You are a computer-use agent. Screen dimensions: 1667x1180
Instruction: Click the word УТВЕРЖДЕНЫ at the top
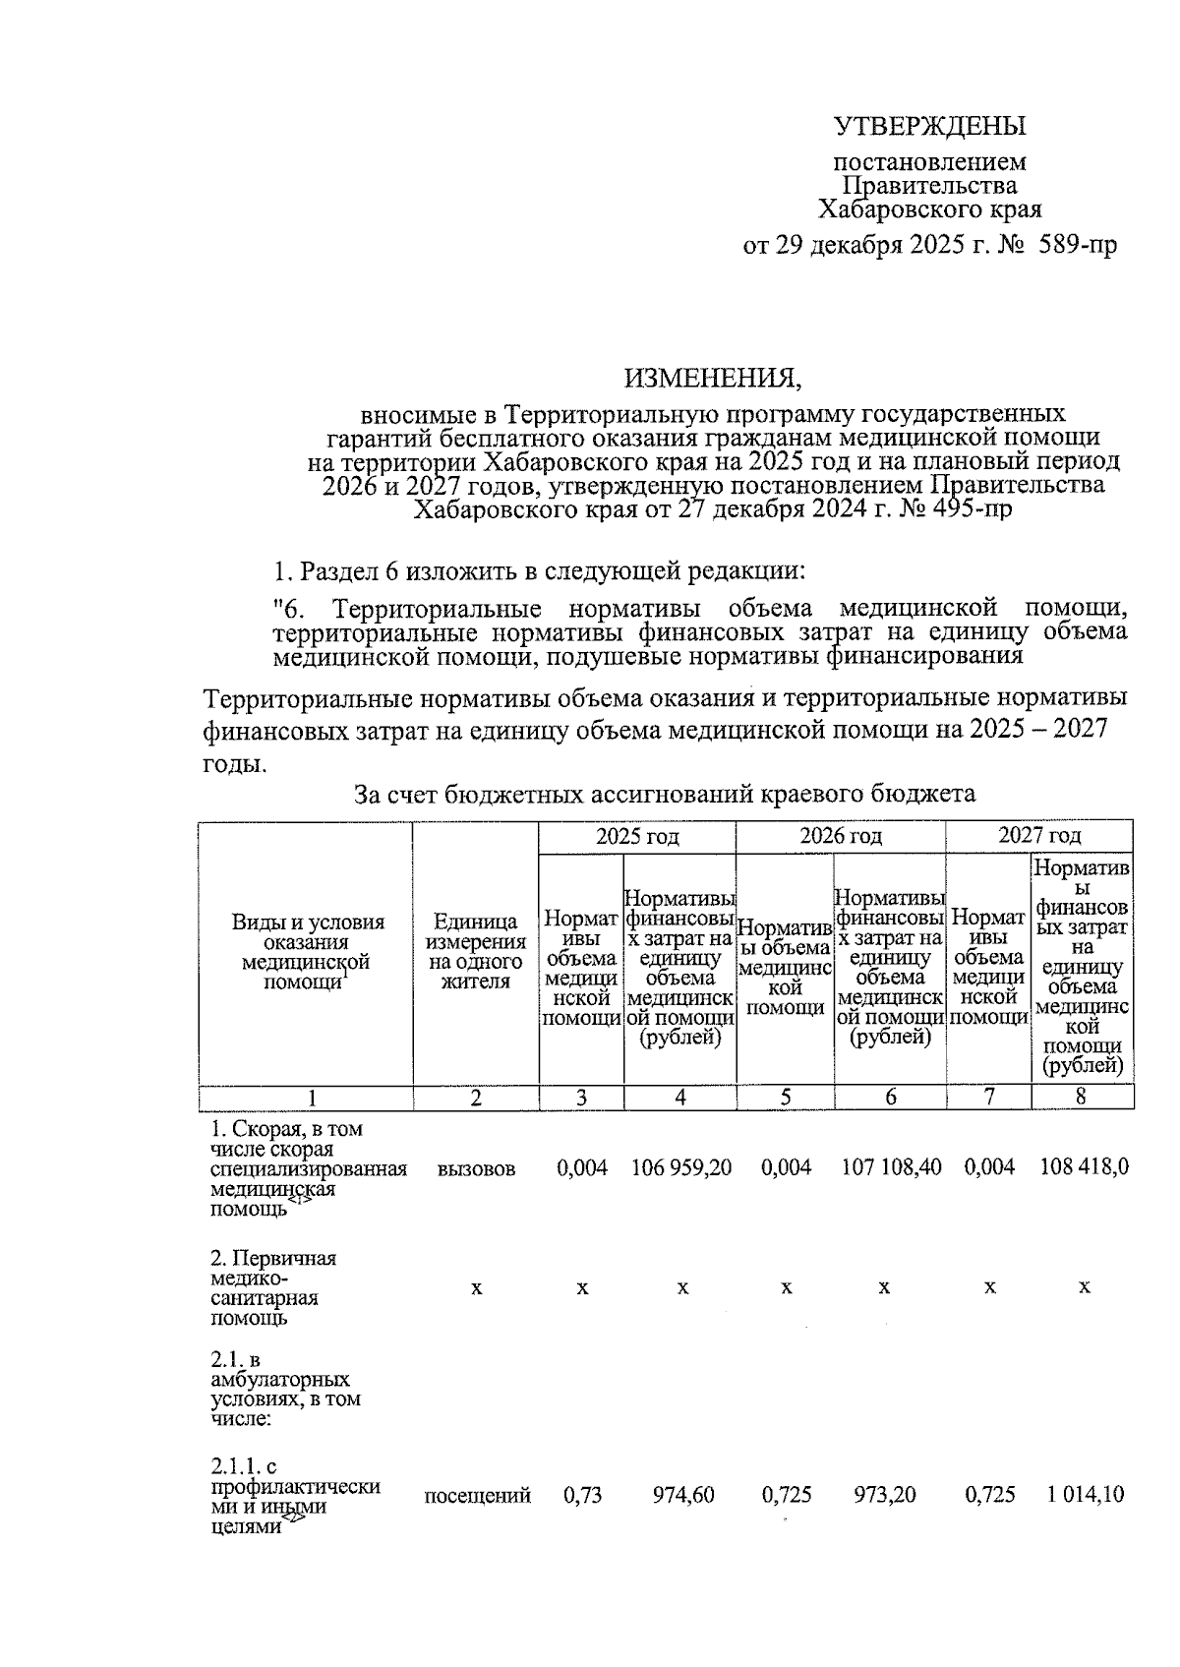coord(929,127)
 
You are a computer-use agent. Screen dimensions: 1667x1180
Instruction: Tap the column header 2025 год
coord(636,836)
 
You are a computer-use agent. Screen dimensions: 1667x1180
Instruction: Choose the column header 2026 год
coord(840,836)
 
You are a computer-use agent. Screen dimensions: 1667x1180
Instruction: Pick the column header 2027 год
coord(1038,836)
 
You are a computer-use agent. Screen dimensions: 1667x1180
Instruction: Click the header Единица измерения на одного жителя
coord(475,951)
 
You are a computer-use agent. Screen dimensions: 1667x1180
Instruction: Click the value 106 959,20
coord(680,1167)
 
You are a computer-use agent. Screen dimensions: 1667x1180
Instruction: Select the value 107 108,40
coord(891,1167)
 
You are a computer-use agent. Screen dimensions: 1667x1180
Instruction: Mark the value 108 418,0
coord(1084,1167)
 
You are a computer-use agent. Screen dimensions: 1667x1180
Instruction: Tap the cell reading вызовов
coord(476,1168)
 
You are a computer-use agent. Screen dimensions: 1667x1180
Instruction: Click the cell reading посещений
coord(477,1496)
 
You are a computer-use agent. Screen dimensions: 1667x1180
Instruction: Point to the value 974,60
coord(683,1496)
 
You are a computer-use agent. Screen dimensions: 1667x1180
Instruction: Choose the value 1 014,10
coord(1086,1496)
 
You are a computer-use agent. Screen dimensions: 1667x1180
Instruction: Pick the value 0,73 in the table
coord(581,1496)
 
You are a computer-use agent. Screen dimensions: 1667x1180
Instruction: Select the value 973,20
coord(885,1496)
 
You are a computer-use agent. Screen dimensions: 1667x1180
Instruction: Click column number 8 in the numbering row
coord(1081,1097)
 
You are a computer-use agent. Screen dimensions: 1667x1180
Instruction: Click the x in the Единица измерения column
coord(476,1287)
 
